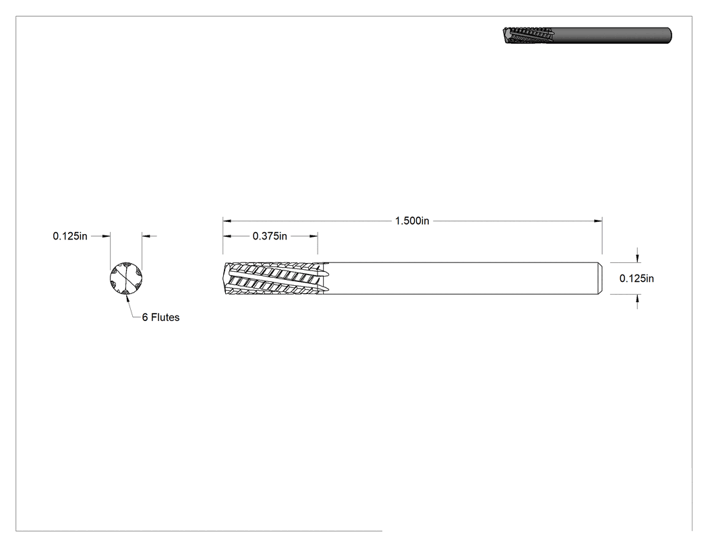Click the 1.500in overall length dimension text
[412, 221]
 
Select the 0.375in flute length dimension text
[270, 236]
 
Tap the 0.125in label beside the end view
[70, 236]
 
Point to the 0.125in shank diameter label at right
[637, 279]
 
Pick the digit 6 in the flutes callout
[145, 318]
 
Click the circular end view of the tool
[126, 278]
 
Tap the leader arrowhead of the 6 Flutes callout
[127, 297]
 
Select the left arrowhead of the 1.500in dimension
[227, 221]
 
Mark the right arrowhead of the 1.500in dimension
[598, 221]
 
